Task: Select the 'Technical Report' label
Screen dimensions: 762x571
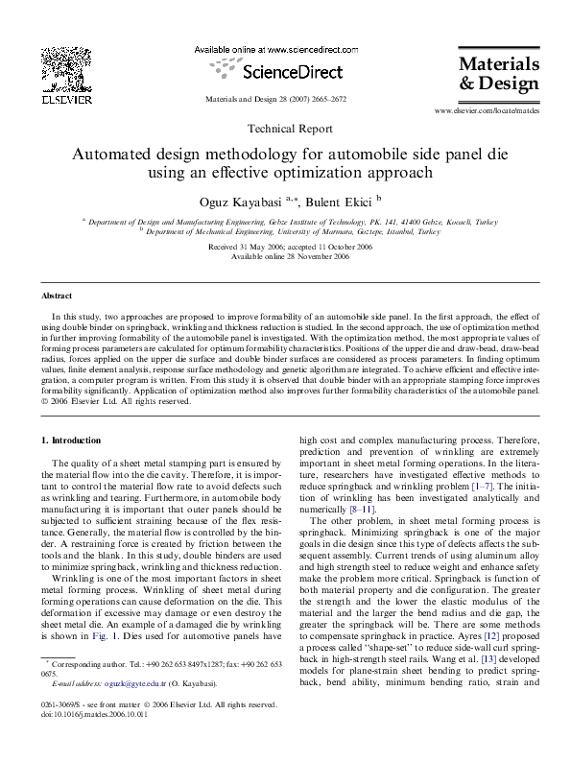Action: click(285, 128)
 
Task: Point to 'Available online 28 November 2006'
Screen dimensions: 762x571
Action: click(284, 257)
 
